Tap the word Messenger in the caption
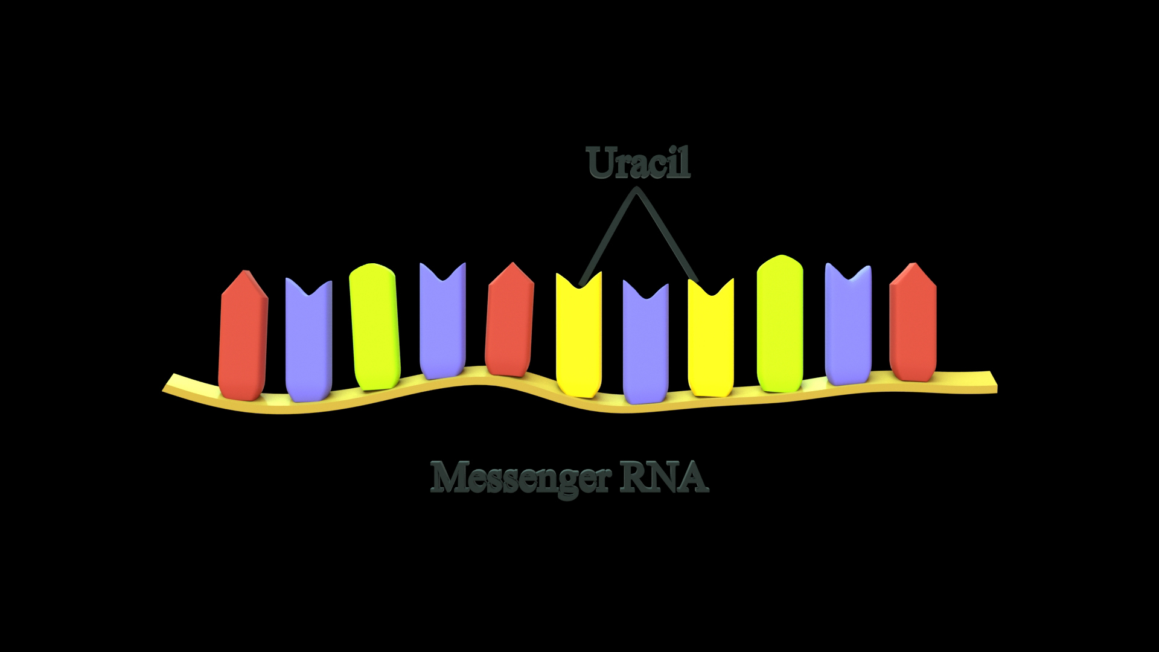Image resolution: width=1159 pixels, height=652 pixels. tap(517, 478)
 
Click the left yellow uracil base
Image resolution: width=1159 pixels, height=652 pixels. tap(578, 338)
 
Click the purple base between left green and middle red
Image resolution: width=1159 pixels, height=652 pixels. tap(442, 323)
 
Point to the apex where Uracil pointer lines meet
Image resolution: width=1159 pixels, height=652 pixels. tap(635, 191)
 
